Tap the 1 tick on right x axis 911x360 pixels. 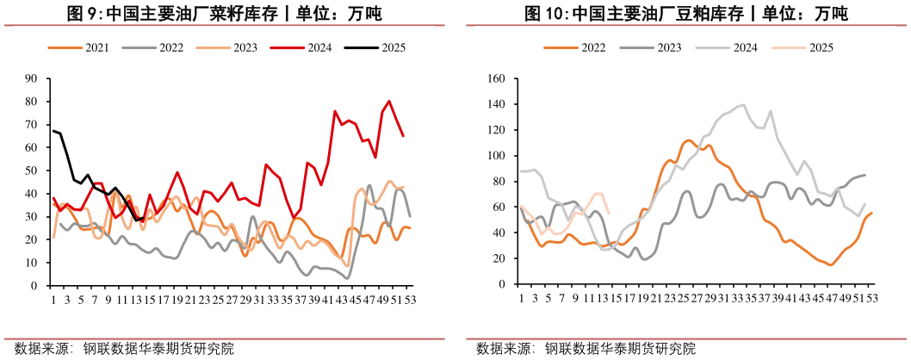pyautogui.click(x=521, y=298)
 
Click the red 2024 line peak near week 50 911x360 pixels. pyautogui.click(x=389, y=102)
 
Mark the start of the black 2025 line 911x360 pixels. pyautogui.click(x=53, y=131)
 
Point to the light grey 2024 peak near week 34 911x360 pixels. pyautogui.click(x=743, y=105)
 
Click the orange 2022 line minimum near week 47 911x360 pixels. pyautogui.click(x=831, y=264)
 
